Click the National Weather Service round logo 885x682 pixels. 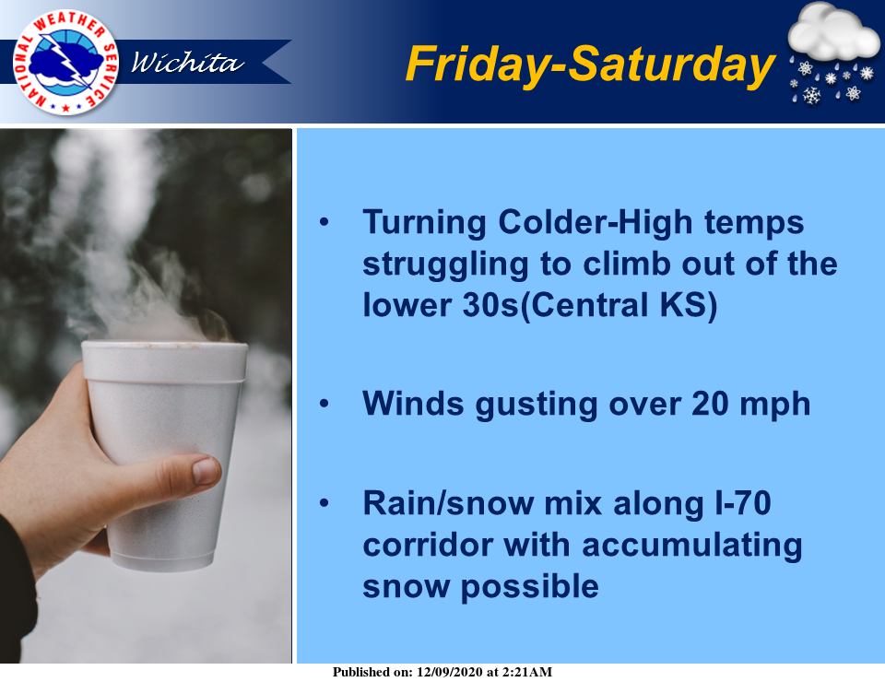coord(65,63)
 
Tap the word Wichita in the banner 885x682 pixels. coord(187,62)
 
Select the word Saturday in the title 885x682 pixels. coord(671,65)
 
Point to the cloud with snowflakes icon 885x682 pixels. coord(833,54)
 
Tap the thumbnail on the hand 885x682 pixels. coord(206,471)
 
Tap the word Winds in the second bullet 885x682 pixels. coord(413,404)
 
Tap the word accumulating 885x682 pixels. coord(692,547)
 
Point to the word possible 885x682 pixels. coord(529,588)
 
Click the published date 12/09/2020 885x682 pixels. coord(450,672)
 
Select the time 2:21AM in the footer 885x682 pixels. coord(527,672)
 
